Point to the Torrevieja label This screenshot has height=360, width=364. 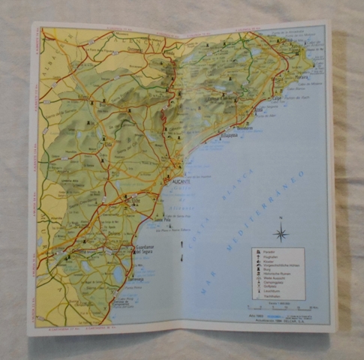pos(136,277)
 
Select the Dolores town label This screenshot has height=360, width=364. pos(113,233)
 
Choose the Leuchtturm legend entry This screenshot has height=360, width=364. pos(272,289)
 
